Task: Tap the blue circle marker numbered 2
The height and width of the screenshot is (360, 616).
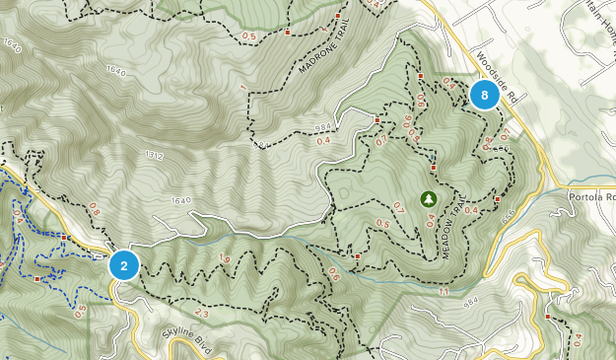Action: [x=123, y=265]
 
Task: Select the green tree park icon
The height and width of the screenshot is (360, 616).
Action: [x=429, y=199]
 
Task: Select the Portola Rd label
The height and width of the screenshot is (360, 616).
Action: [x=591, y=196]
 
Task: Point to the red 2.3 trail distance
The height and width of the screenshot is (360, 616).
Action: [x=202, y=313]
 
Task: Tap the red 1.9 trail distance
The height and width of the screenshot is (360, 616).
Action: [x=225, y=259]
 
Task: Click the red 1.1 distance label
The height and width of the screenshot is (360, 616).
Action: [x=445, y=292]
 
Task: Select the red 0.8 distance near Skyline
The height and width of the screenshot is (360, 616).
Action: [x=95, y=208]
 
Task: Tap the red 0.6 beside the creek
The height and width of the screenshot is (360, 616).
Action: [x=332, y=275]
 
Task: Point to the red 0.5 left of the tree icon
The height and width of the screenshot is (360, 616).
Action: [x=382, y=223]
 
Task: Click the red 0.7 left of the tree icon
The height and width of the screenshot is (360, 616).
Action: [x=399, y=206]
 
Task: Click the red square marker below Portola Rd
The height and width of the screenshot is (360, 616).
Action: [x=547, y=318]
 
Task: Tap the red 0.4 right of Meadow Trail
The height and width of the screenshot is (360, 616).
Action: [x=470, y=210]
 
